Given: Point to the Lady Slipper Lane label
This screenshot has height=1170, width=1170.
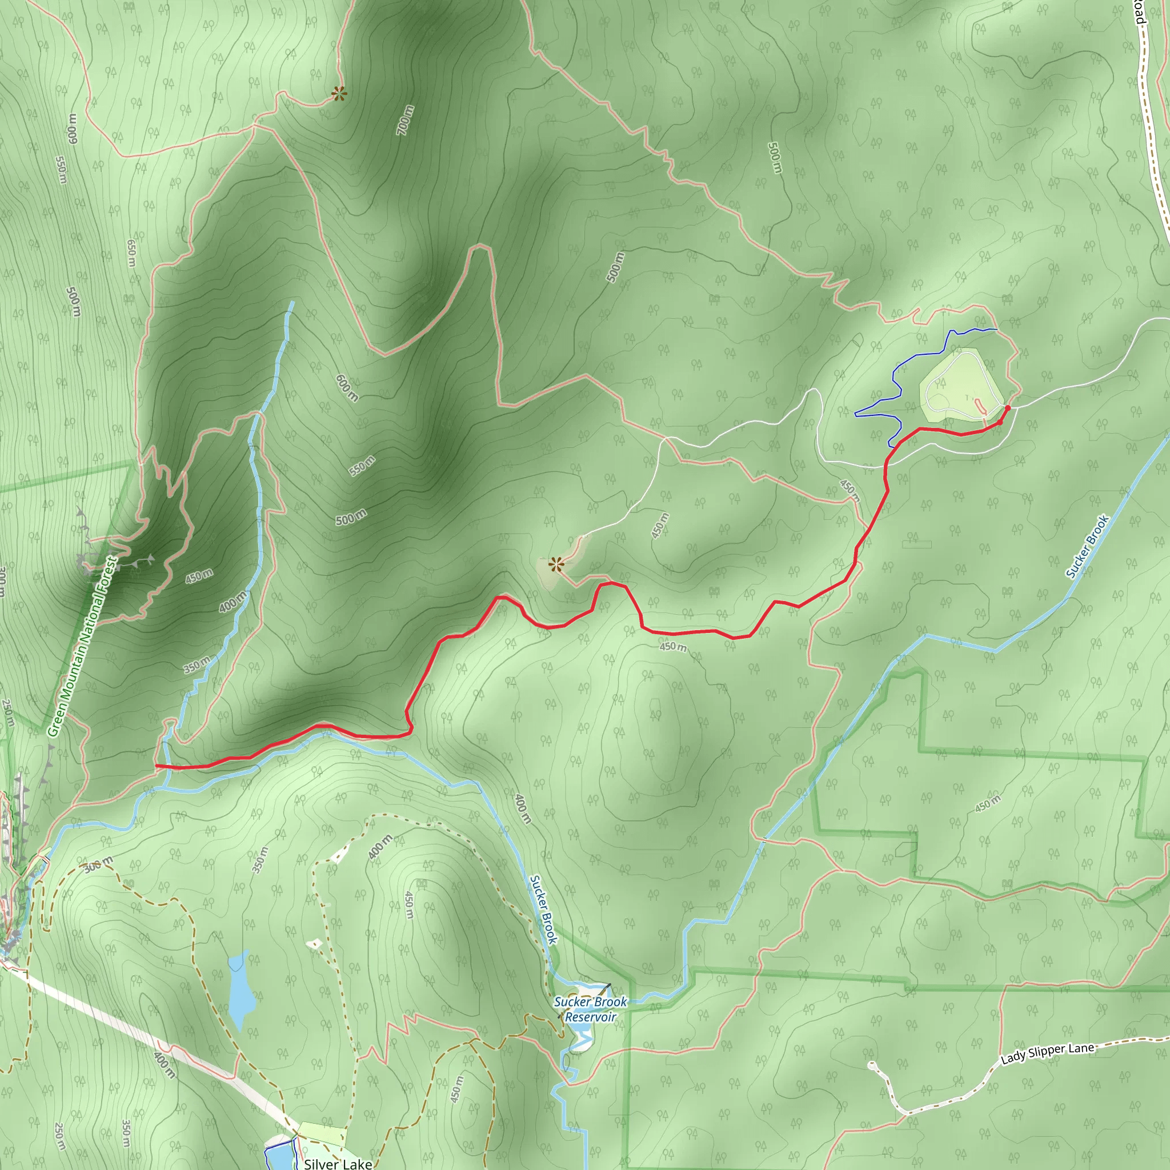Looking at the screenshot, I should [x=1047, y=1053].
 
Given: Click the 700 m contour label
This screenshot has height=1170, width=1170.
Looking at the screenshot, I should [x=406, y=120].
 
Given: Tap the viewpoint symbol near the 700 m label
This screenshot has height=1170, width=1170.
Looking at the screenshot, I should [x=339, y=93].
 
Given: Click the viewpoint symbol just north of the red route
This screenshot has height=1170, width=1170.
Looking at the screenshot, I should [x=555, y=565].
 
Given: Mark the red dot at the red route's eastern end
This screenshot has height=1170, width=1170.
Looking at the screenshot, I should [x=1008, y=408].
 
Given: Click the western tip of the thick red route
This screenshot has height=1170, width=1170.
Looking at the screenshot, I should [x=158, y=766].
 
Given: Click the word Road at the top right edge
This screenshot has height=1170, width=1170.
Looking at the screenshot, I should [x=1140, y=12].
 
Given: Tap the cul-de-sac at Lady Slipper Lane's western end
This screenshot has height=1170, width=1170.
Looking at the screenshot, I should [x=871, y=1065].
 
